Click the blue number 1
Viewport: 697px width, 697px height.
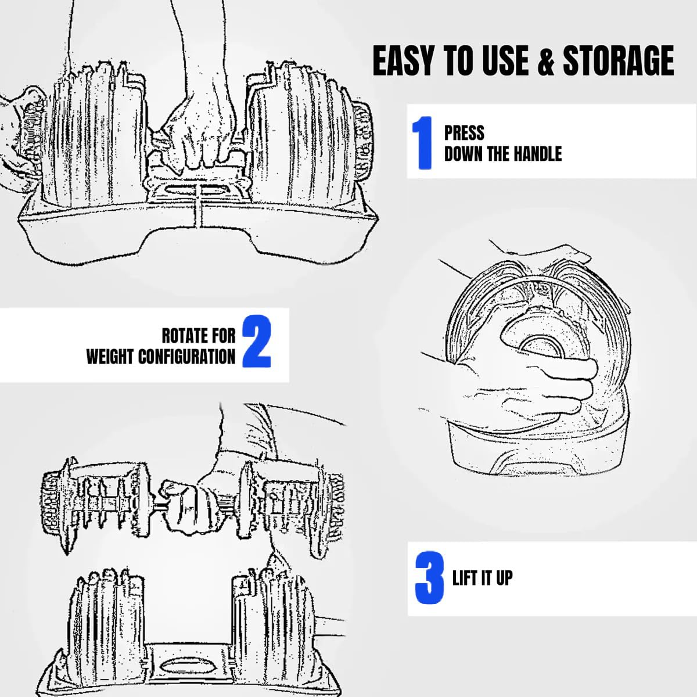pyautogui.click(x=422, y=143)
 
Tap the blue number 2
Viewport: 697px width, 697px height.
pyautogui.click(x=257, y=342)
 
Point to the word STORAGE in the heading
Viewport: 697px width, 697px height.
pyautogui.click(x=618, y=61)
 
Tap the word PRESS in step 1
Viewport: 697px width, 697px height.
pyautogui.click(x=464, y=133)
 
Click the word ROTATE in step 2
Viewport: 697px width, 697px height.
pyautogui.click(x=184, y=336)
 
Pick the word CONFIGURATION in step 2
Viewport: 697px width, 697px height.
pyautogui.click(x=186, y=357)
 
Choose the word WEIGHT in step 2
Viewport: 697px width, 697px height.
pyautogui.click(x=110, y=357)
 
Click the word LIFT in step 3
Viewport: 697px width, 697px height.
pyautogui.click(x=465, y=578)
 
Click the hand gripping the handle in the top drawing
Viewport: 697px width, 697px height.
pyautogui.click(x=197, y=138)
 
